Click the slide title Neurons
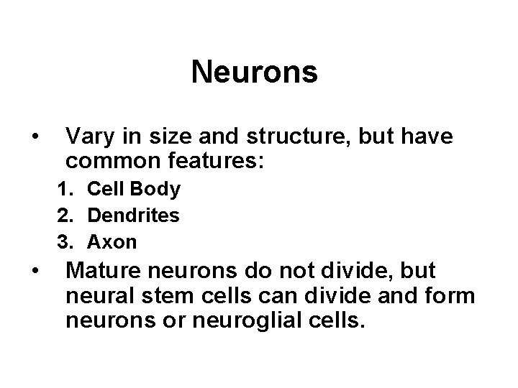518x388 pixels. click(255, 73)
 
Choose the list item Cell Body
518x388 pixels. click(134, 190)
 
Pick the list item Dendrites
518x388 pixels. click(134, 216)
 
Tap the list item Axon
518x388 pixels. click(112, 242)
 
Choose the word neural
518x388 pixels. click(96, 296)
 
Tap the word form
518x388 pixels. click(453, 296)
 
